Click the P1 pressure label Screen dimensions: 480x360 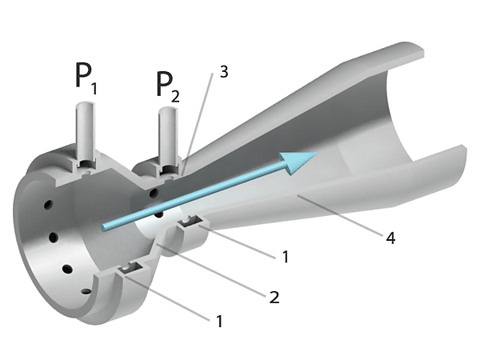tap(86, 78)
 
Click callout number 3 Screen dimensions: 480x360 tap(224, 72)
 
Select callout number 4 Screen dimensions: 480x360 tap(390, 238)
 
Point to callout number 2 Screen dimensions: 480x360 tap(274, 298)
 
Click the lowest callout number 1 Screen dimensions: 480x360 tap(219, 322)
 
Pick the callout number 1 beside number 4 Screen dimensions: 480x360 tap(286, 257)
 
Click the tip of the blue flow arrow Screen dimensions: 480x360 tap(317, 152)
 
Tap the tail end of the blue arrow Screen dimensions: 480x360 tap(103, 227)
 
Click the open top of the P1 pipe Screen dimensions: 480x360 tap(86, 106)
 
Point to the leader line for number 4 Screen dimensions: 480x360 tap(341, 214)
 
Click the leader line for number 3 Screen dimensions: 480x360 tap(197, 123)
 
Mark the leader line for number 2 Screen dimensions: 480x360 tap(211, 270)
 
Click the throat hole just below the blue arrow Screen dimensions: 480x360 tap(158, 214)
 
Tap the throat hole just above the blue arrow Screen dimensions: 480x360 tap(153, 193)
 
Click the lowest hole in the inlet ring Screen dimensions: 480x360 tap(86, 291)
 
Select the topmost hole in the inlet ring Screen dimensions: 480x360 tap(48, 204)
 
